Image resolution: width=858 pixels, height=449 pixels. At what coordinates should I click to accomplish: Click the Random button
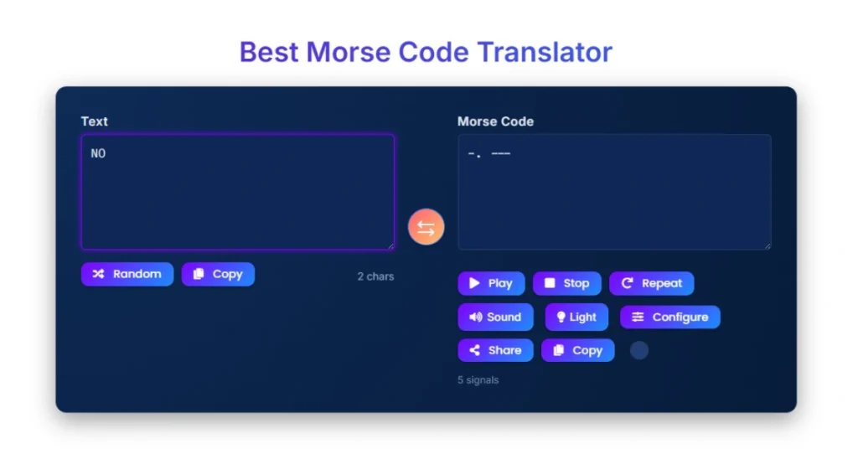[127, 274]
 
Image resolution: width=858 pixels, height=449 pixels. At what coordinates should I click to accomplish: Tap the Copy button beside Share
[577, 350]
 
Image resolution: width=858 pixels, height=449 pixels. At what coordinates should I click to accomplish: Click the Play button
[491, 283]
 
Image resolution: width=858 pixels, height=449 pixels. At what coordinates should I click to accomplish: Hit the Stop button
[566, 283]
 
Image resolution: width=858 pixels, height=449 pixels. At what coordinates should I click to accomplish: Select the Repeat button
[651, 283]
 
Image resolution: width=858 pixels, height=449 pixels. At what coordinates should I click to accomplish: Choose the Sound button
[495, 317]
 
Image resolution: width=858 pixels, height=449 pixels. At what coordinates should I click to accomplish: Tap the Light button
[576, 317]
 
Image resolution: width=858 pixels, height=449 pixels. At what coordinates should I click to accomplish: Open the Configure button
[669, 317]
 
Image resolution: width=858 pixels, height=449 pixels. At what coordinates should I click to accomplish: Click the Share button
[495, 350]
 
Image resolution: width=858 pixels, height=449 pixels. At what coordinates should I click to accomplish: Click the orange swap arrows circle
[426, 227]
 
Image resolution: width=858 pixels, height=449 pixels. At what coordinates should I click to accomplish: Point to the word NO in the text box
[98, 154]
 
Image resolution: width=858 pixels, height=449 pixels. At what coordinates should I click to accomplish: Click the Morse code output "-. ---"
[488, 154]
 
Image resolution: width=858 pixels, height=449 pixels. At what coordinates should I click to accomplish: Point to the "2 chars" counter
[375, 276]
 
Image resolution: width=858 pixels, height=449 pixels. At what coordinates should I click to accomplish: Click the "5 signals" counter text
[478, 380]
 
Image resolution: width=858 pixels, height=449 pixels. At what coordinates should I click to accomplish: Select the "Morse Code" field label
[495, 121]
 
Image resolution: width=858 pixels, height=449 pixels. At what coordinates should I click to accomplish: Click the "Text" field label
[94, 121]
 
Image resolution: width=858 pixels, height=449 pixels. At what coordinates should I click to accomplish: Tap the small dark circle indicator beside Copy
[639, 350]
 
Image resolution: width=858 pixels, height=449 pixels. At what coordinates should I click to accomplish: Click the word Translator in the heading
[545, 52]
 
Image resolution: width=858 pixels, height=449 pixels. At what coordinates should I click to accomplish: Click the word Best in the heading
[269, 52]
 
